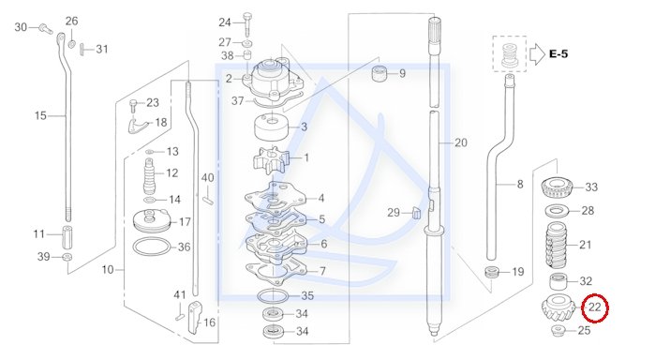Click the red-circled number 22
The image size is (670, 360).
pyautogui.click(x=595, y=307)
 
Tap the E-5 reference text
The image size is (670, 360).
pyautogui.click(x=558, y=53)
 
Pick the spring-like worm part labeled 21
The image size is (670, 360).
pyautogui.click(x=559, y=245)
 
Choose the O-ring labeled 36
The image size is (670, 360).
pyautogui.click(x=151, y=247)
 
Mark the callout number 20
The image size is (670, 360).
pyautogui.click(x=461, y=142)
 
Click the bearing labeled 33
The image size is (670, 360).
pyautogui.click(x=558, y=187)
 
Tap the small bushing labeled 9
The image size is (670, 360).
pyautogui.click(x=380, y=73)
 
